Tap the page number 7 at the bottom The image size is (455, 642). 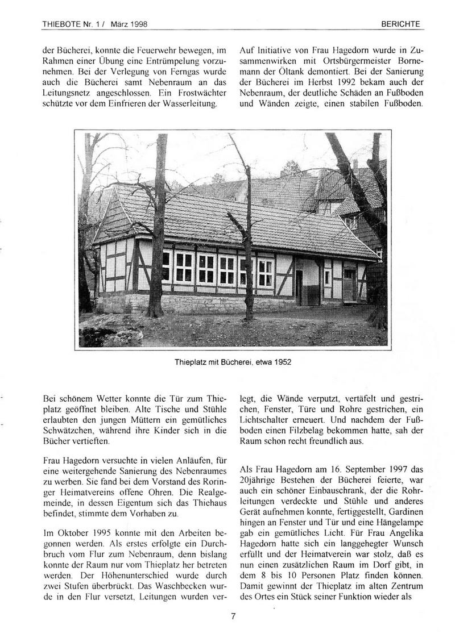point(233,615)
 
